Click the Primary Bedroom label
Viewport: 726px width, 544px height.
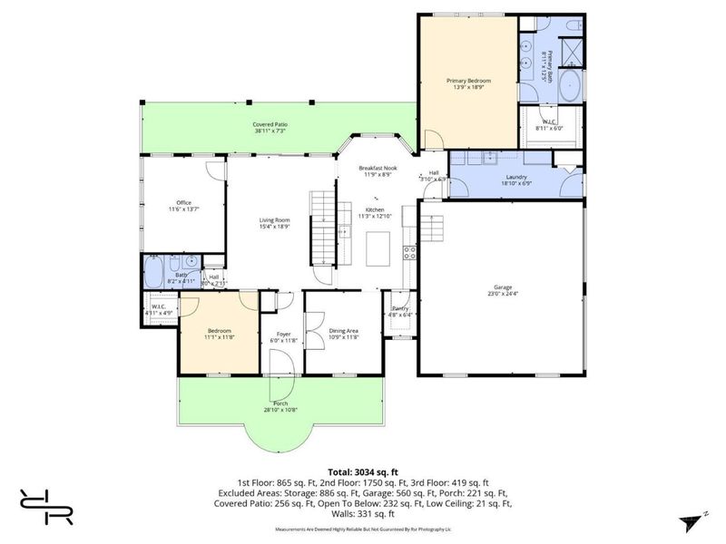pyautogui.click(x=467, y=81)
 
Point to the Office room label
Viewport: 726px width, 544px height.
pyautogui.click(x=183, y=202)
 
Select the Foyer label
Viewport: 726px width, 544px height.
pyautogui.click(x=283, y=335)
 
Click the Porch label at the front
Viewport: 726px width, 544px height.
pyautogui.click(x=281, y=403)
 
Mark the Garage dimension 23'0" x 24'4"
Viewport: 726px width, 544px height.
pyautogui.click(x=500, y=293)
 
